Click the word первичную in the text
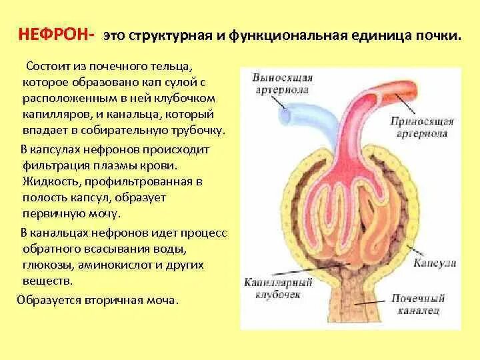51,215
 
